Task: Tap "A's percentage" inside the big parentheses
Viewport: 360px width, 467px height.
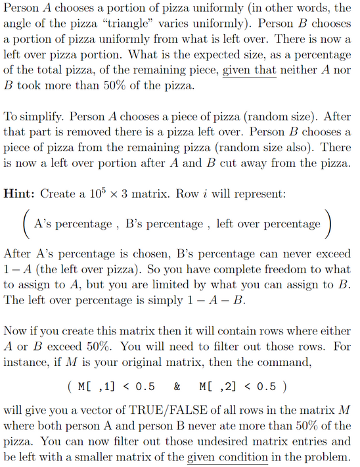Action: point(72,224)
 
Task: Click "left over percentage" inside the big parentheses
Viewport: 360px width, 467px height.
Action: point(268,224)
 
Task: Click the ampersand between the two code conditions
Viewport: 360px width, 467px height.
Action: point(177,384)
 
